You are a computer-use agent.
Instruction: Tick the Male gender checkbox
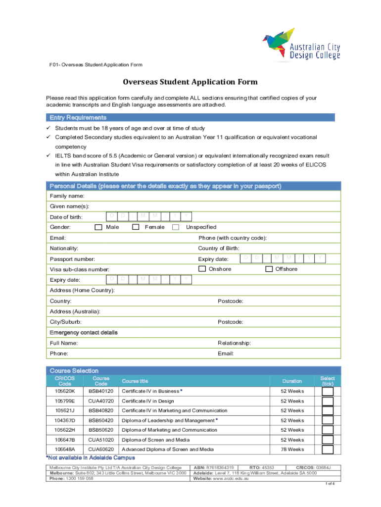pos(98,227)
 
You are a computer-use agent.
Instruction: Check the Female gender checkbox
pos(136,227)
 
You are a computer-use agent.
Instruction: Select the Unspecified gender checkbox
pos(176,227)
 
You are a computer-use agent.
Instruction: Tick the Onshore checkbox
pos(202,269)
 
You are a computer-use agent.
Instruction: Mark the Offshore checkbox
pos(269,269)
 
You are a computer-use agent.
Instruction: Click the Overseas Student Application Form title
pos(190,82)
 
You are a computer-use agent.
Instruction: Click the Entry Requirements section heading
pos(78,118)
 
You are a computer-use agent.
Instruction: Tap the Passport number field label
pos(72,259)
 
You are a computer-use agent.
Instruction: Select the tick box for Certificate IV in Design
pos(328,401)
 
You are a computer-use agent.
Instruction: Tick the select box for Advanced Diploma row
pos(328,449)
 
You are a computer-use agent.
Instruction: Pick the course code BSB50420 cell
pos(101,420)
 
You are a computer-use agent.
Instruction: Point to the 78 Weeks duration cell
pos(292,449)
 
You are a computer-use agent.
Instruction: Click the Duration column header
pos(292,381)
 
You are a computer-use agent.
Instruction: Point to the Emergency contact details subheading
pos(84,332)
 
